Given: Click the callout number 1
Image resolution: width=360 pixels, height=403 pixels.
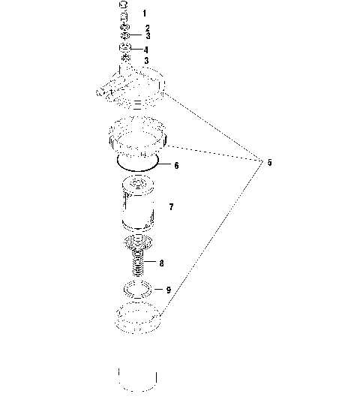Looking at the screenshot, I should [x=145, y=14].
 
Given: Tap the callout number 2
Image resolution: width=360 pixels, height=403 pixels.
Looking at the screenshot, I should [x=148, y=29].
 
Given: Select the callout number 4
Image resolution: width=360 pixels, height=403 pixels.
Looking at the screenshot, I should [x=148, y=50].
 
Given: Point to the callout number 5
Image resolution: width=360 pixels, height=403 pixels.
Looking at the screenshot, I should [x=259, y=162].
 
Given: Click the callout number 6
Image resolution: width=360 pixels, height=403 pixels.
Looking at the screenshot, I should [x=176, y=165].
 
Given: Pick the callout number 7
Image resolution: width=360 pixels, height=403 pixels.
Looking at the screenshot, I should [x=172, y=206].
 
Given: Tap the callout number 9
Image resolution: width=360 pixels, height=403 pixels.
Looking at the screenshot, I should [x=168, y=290].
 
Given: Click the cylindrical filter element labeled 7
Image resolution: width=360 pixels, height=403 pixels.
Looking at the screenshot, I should [x=138, y=204].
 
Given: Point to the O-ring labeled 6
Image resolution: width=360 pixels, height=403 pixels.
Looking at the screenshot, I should [x=136, y=161].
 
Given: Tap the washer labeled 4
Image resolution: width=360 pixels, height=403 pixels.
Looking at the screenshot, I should [x=125, y=50].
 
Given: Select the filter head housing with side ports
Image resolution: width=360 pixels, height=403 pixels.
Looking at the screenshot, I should [x=135, y=87].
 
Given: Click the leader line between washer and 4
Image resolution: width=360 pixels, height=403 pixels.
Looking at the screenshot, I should [x=137, y=50].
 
